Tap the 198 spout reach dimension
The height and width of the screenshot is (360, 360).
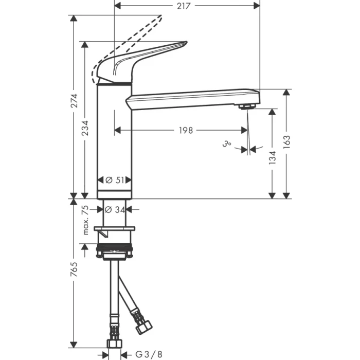[x=186, y=131]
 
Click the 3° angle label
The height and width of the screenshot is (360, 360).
[x=226, y=146]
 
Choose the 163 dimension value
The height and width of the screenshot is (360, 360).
[x=287, y=141]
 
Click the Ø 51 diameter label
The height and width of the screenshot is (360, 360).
[x=115, y=180]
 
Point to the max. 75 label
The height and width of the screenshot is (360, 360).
[x=86, y=220]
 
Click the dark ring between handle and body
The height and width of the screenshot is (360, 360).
[x=115, y=83]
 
